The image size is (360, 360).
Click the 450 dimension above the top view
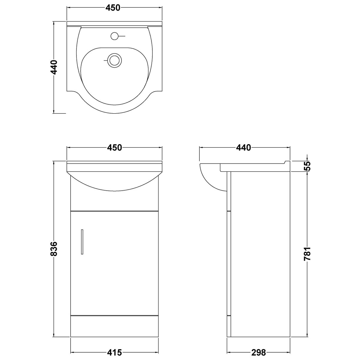pos(114,8)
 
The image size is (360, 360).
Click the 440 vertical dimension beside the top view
pos(54,67)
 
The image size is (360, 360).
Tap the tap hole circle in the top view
pos(114,36)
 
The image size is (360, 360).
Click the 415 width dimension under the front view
pos(114,352)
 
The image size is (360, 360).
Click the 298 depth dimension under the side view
pos(259,352)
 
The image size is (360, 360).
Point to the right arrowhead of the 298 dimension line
pos(289,351)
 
